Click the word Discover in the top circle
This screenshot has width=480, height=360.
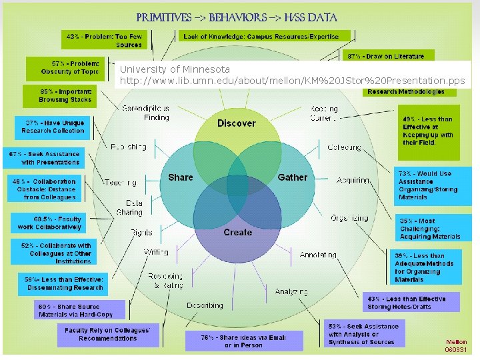click(236, 123)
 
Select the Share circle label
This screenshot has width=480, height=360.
click(181, 177)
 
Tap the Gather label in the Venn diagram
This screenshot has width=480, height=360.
click(293, 177)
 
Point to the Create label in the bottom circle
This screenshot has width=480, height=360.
click(238, 232)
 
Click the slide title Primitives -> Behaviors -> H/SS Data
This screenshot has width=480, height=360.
click(237, 17)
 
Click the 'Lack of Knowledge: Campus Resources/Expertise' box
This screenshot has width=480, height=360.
click(261, 36)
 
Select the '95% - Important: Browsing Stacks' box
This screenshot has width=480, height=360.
click(67, 95)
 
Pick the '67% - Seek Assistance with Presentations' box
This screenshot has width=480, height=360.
click(45, 158)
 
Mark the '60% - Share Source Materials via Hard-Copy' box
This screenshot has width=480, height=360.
click(75, 310)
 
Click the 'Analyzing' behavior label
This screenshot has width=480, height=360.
click(291, 291)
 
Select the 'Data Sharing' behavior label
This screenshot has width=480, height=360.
click(133, 207)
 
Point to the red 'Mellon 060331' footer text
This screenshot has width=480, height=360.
click(456, 345)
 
